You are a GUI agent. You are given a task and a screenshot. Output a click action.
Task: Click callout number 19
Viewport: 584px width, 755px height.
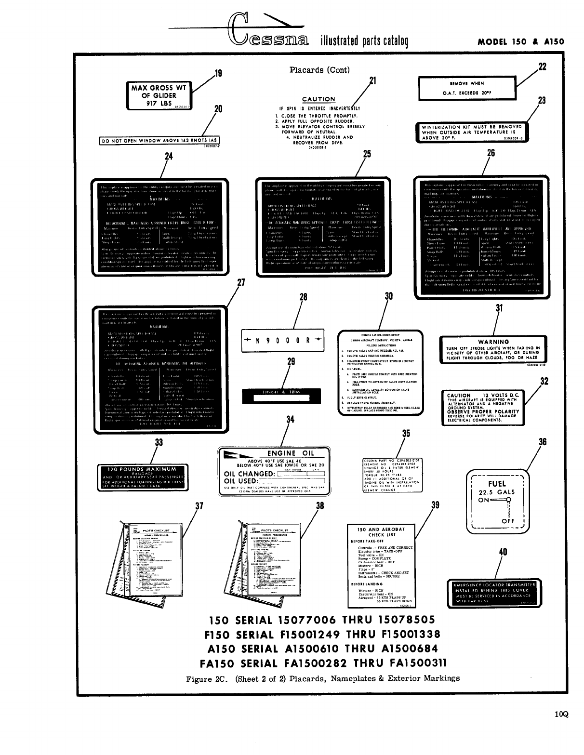(218, 74)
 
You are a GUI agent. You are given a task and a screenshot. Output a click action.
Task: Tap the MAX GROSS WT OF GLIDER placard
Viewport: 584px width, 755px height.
(158, 95)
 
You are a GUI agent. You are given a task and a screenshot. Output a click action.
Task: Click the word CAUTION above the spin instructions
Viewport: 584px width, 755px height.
(318, 99)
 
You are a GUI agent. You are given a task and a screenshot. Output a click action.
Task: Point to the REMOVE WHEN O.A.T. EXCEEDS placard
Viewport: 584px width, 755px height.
(467, 87)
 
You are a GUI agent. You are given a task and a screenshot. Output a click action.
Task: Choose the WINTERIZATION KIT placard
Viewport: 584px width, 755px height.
(471, 132)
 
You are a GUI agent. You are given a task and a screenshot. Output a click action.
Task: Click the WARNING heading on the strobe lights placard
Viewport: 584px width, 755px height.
(493, 342)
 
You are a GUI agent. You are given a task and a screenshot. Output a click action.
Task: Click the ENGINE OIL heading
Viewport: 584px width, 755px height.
(288, 453)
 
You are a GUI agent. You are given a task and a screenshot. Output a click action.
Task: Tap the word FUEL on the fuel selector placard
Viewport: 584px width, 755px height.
(497, 483)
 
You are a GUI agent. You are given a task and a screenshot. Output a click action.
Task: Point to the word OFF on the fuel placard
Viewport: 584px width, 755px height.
(508, 521)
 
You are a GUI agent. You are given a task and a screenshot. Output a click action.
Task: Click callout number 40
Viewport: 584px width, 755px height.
(503, 552)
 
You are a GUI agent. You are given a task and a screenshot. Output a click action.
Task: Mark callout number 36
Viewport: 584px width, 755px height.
(543, 441)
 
